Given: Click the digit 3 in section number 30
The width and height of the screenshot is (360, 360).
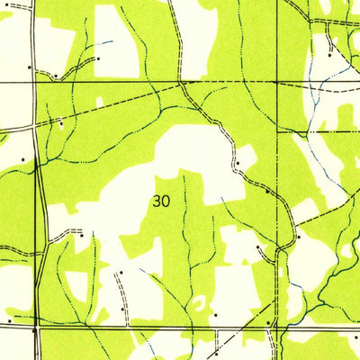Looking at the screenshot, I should pyautogui.click(x=157, y=202).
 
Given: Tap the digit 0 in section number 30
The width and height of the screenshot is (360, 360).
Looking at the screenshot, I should pyautogui.click(x=166, y=202).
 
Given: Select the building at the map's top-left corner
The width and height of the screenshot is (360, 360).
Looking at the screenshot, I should pyautogui.click(x=29, y=66).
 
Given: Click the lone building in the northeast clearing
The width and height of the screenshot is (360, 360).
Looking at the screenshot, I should pyautogui.click(x=329, y=55).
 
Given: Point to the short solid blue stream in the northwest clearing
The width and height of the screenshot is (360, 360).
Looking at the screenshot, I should pyautogui.click(x=107, y=41).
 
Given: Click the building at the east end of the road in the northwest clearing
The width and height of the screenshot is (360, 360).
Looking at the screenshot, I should pyautogui.click(x=97, y=58).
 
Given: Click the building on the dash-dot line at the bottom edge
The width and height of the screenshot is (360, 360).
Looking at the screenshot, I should pyautogui.click(x=215, y=354).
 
